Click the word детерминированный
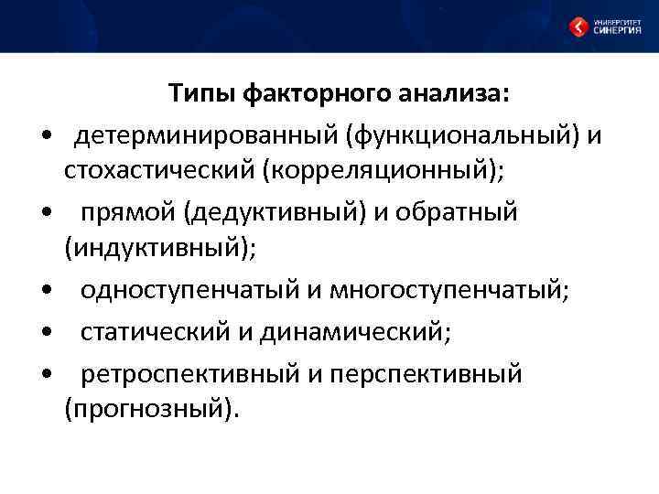(x=207, y=137)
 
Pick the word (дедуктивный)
(x=275, y=212)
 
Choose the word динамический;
(x=355, y=331)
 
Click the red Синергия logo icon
(x=578, y=27)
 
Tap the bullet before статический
(x=46, y=333)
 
